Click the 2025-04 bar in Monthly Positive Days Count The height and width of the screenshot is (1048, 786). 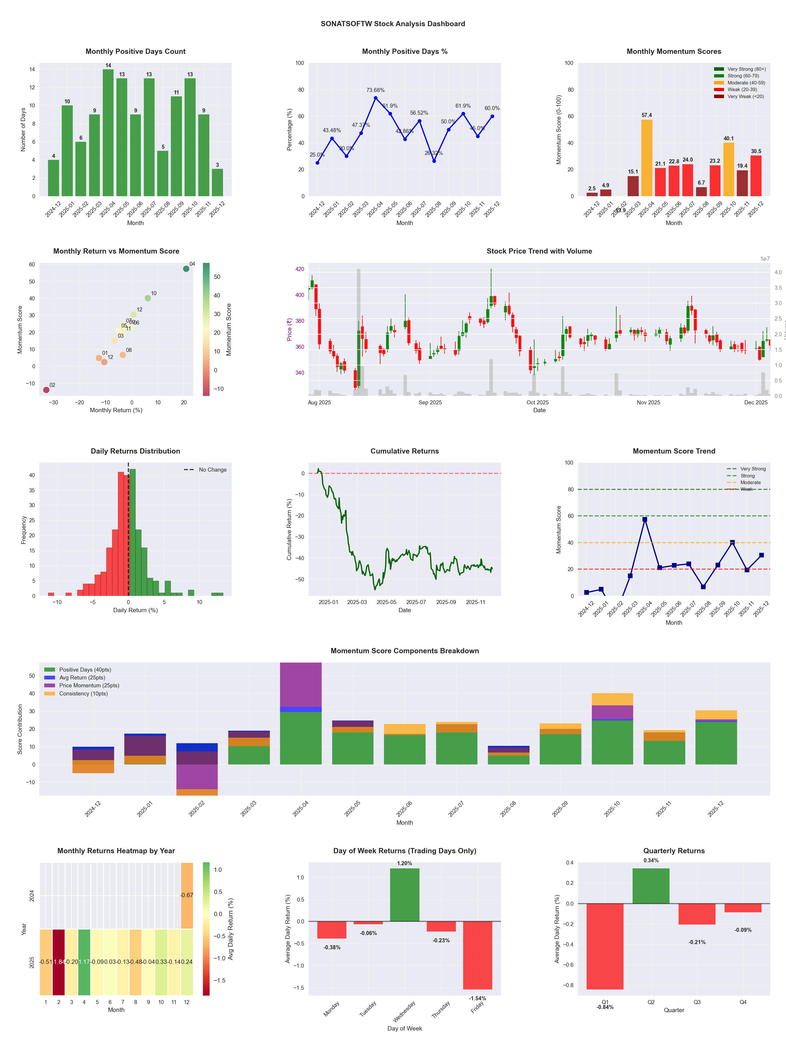point(108,133)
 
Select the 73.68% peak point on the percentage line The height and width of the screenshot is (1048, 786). point(376,98)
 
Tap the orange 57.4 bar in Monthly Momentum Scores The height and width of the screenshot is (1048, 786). point(647,158)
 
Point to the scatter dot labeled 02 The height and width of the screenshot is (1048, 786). point(46,390)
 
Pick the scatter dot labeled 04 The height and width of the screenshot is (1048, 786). point(186,269)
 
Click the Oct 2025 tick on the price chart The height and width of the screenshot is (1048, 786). point(537,403)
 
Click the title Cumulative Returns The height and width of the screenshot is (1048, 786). point(405,451)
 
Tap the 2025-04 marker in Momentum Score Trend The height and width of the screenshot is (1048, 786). point(645,520)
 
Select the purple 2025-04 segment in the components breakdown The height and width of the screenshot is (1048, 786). point(301,685)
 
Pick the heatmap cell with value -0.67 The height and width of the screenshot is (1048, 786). point(187,895)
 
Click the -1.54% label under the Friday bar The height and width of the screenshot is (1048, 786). point(478,998)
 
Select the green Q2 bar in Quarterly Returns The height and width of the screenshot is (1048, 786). point(651,886)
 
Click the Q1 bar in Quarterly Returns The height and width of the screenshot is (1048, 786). point(605,946)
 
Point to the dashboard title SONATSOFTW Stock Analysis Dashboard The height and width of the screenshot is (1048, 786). point(393,24)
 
